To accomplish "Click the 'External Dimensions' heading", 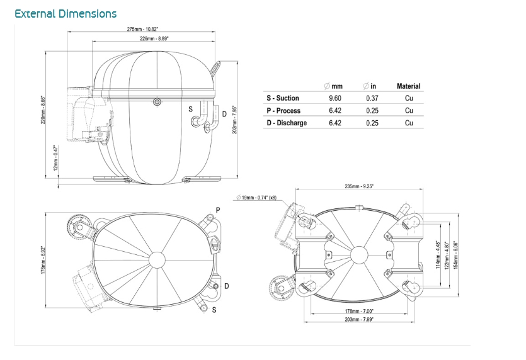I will point(66,14).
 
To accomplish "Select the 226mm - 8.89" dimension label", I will point(155,38).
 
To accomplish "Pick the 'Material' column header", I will point(408,86).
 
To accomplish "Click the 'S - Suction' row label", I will point(283,98).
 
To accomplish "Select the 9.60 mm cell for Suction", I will point(335,98).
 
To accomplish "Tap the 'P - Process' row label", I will point(283,111).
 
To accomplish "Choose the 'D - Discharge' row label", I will point(287,123).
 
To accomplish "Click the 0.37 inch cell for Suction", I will point(372,98).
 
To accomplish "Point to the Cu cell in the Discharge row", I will point(409,123).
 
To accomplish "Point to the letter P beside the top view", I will point(218,210).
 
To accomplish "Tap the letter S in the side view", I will point(191,109).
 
